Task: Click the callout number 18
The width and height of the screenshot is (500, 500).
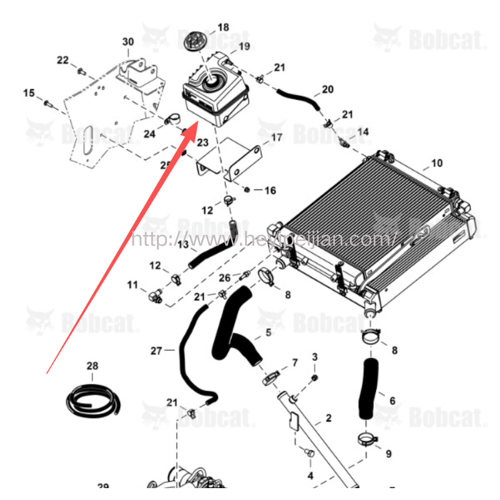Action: (223, 27)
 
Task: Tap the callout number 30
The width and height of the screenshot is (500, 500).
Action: (127, 42)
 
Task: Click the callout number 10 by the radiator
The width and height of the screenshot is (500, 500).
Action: (436, 163)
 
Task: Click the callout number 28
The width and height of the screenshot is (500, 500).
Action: (92, 365)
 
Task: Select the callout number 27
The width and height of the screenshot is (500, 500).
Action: (156, 351)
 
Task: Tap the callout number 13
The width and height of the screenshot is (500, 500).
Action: (182, 244)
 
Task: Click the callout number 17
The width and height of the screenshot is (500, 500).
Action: (277, 137)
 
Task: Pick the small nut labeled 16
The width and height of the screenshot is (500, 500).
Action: (247, 189)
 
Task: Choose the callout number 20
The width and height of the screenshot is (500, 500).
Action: (327, 89)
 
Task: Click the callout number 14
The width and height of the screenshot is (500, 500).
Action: (362, 132)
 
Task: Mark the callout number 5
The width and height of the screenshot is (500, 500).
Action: (268, 332)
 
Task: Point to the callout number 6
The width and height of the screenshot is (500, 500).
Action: (392, 401)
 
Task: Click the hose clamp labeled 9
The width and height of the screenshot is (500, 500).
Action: (368, 438)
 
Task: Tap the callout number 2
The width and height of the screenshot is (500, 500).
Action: (329, 417)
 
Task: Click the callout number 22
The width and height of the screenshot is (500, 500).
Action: (63, 60)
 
